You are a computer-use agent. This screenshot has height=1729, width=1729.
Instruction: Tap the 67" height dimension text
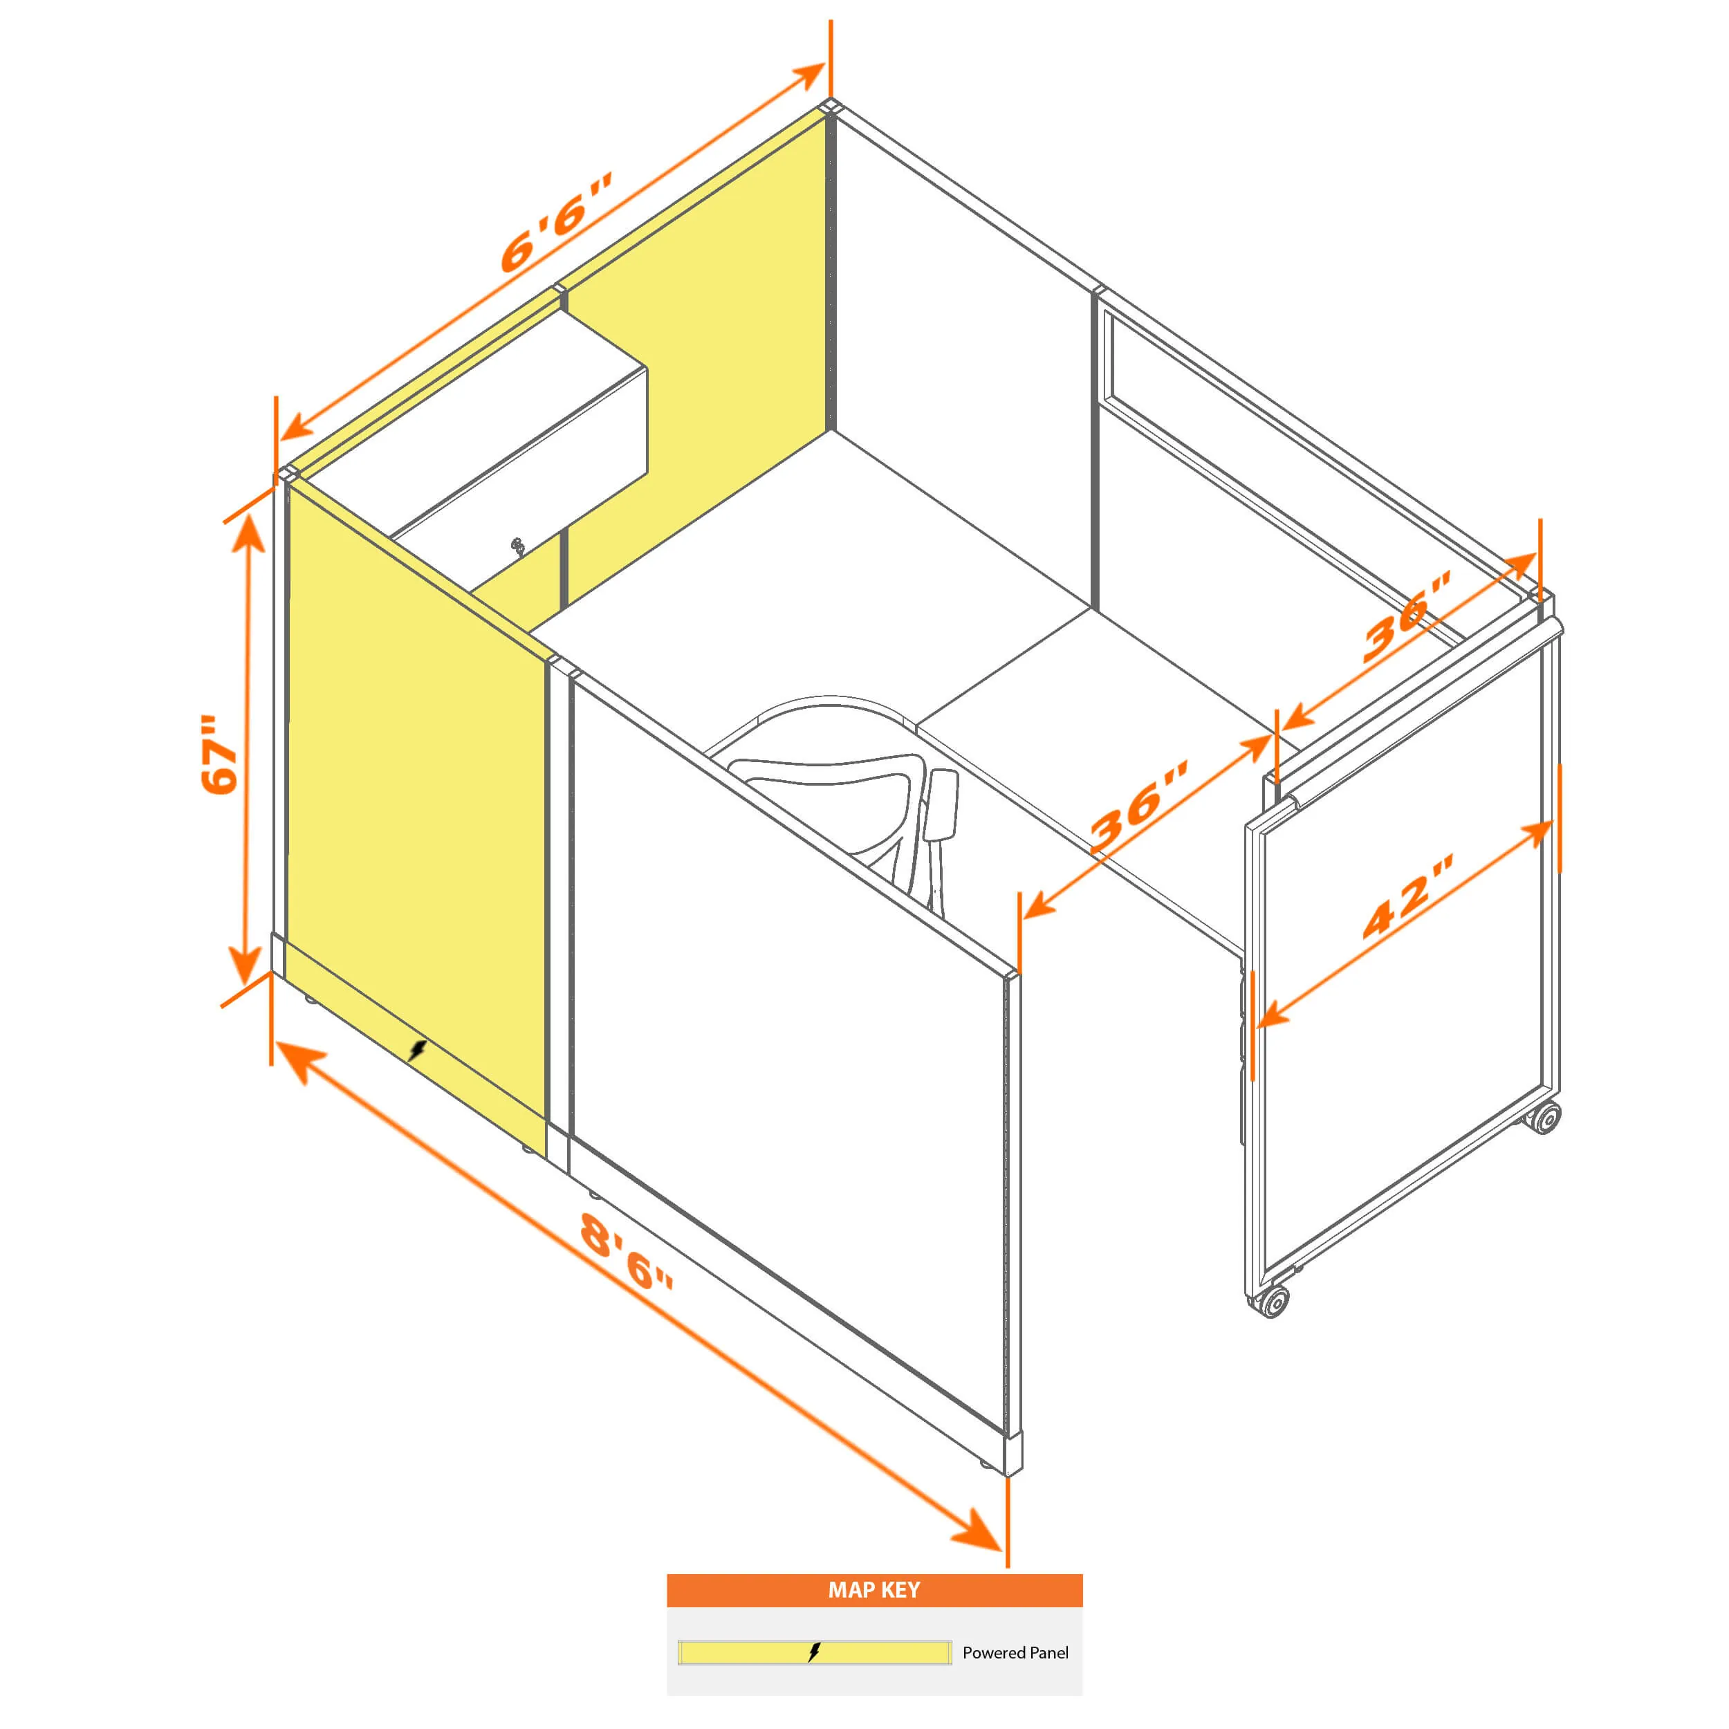tap(220, 754)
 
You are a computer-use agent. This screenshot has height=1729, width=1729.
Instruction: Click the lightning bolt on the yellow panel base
tap(417, 1050)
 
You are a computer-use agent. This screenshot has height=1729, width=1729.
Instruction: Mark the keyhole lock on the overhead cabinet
tap(517, 546)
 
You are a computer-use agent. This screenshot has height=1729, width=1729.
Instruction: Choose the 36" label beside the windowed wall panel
tap(1406, 618)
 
